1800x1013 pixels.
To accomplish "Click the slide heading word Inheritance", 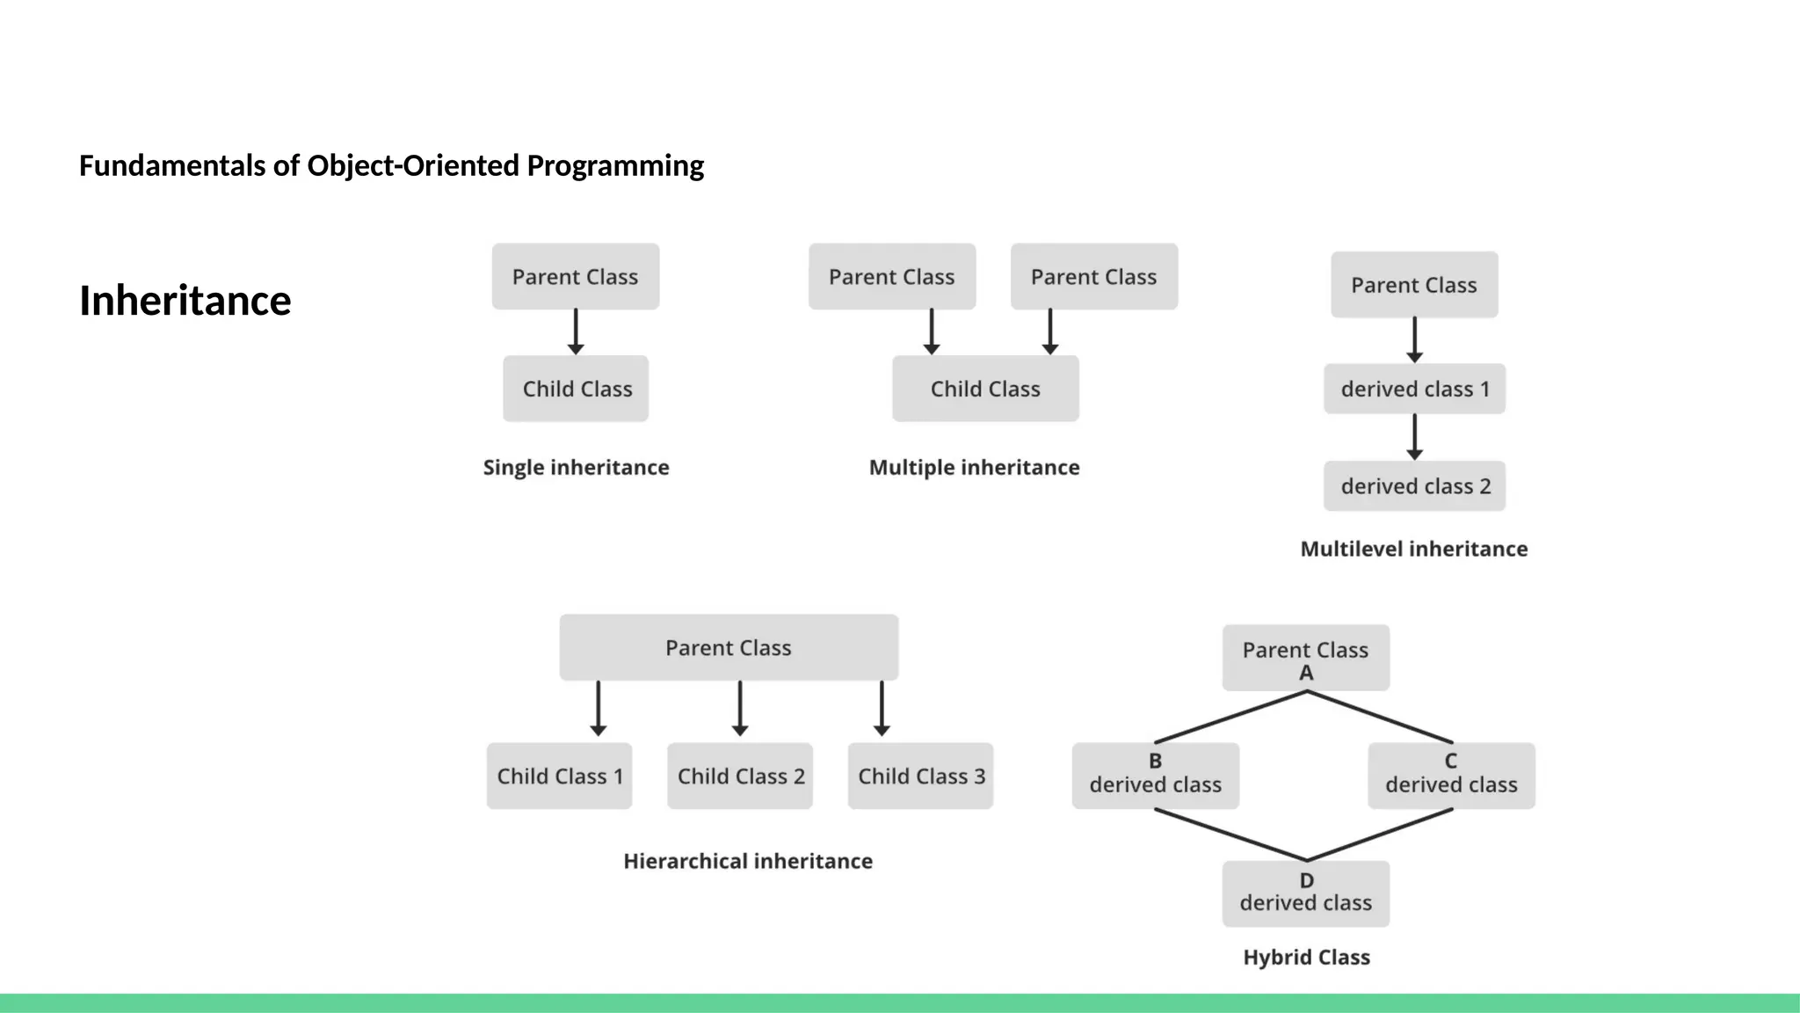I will pos(185,301).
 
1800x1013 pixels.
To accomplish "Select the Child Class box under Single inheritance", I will pos(576,389).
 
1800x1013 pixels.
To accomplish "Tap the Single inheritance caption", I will pos(576,467).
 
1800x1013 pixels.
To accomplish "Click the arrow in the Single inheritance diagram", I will pos(576,332).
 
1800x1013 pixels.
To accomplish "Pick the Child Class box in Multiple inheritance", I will pos(985,389).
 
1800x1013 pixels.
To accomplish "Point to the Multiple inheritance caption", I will pos(974,467).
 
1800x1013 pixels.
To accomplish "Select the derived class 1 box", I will pos(1414,389).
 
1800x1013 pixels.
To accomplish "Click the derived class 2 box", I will pos(1414,486).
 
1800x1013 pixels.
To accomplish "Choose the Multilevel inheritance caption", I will pos(1413,549).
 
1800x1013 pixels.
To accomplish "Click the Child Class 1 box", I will pos(560,776).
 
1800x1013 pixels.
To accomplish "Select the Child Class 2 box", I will pos(740,776).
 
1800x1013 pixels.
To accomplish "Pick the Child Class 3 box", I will pos(920,776).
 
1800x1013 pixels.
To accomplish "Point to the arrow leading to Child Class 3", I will pos(882,709).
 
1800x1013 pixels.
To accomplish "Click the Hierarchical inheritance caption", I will pos(748,861).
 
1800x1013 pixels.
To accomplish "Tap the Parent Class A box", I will pos(1305,658).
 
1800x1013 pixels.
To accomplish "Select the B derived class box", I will pos(1155,776).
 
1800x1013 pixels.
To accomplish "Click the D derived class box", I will pos(1305,893).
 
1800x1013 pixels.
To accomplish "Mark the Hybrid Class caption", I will pos(1306,957).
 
